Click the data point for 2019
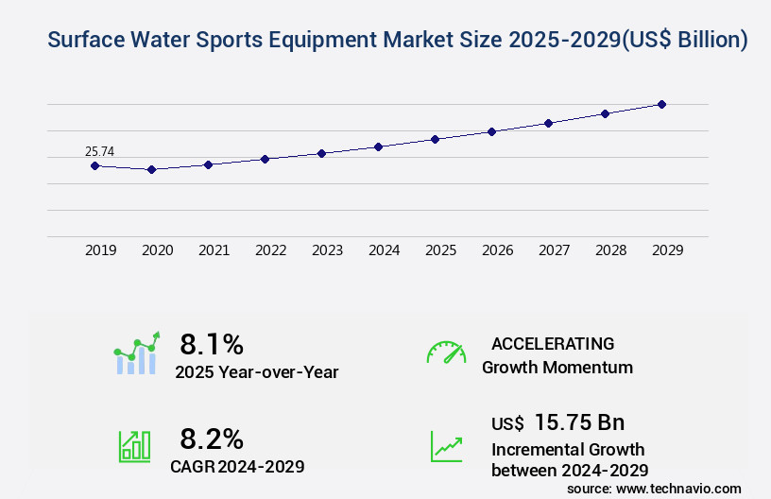[x=94, y=165]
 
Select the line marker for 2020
[x=151, y=169]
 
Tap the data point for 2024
[x=378, y=146]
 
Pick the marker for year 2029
[x=661, y=104]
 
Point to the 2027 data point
[x=548, y=123]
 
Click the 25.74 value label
[x=99, y=151]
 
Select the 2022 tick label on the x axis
[x=271, y=250]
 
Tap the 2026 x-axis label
[x=498, y=250]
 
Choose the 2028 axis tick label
[x=611, y=250]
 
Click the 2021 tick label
[x=214, y=250]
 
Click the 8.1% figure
[x=212, y=343]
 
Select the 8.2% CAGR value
[x=212, y=439]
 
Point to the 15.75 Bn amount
[x=579, y=422]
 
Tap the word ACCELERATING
[x=553, y=343]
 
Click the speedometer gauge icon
[x=446, y=353]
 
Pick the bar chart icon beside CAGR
[x=134, y=446]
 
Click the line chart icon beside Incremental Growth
[x=446, y=446]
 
